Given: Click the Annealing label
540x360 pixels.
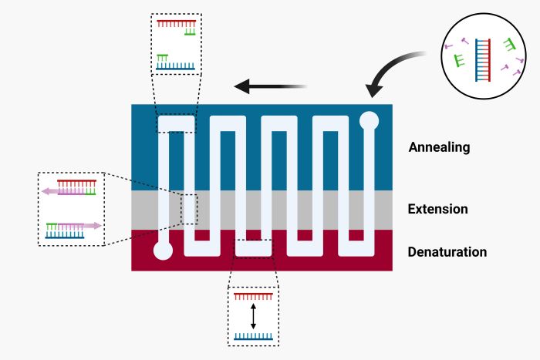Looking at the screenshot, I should [x=439, y=146].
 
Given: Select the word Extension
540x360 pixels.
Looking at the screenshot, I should [x=437, y=209].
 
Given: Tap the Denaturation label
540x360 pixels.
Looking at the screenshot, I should [x=447, y=251].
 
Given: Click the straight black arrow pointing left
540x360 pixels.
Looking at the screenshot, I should [x=271, y=86].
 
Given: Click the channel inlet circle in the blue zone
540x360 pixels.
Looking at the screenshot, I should [x=370, y=120].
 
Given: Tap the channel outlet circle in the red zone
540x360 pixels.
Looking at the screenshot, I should [x=163, y=251].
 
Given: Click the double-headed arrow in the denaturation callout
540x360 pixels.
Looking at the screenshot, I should [x=253, y=316].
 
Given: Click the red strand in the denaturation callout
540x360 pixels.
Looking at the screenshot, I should [x=253, y=296].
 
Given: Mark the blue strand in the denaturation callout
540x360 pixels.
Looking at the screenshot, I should [x=253, y=336].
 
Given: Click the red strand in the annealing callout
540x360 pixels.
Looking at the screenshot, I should [x=177, y=22].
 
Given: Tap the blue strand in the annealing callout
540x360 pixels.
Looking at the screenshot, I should [x=177, y=67].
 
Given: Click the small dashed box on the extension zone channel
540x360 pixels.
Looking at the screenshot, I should [x=190, y=209].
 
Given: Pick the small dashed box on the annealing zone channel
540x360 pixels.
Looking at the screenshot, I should [x=177, y=123].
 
